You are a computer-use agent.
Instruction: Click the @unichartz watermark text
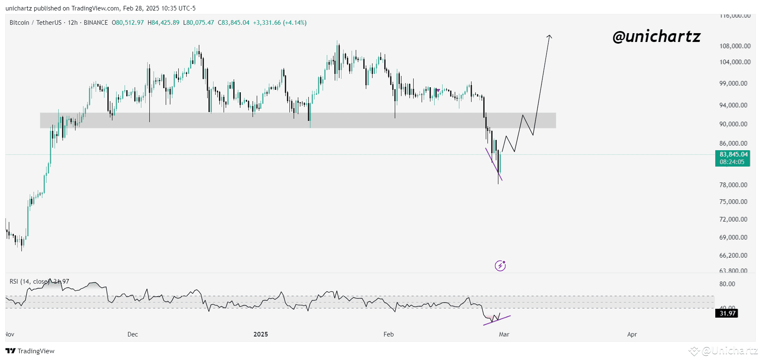pyautogui.click(x=656, y=37)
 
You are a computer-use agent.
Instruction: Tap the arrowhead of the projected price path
pyautogui.click(x=549, y=37)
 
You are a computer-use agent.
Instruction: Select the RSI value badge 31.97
pyautogui.click(x=727, y=313)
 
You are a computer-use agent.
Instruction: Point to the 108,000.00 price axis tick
pyautogui.click(x=735, y=46)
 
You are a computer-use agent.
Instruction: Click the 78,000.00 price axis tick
pyautogui.click(x=733, y=185)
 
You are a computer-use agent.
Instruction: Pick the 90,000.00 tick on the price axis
pyautogui.click(x=733, y=124)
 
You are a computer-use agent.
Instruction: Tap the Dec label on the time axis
pyautogui.click(x=133, y=334)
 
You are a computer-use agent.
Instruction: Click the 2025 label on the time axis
pyautogui.click(x=261, y=334)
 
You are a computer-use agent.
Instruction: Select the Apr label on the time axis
pyautogui.click(x=632, y=334)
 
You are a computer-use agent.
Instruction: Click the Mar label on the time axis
pyautogui.click(x=504, y=334)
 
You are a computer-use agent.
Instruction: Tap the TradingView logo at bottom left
pyautogui.click(x=30, y=351)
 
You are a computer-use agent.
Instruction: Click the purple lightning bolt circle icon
pyautogui.click(x=500, y=266)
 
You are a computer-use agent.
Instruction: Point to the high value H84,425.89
pyautogui.click(x=163, y=23)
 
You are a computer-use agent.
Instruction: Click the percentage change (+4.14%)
pyautogui.click(x=294, y=23)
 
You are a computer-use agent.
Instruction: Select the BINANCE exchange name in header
pyautogui.click(x=96, y=23)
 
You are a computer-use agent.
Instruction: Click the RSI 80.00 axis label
pyautogui.click(x=727, y=284)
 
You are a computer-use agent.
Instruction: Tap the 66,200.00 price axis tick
pyautogui.click(x=733, y=256)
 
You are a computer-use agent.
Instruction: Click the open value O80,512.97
pyautogui.click(x=128, y=23)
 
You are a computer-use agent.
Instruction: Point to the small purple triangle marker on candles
pyautogui.click(x=438, y=90)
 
